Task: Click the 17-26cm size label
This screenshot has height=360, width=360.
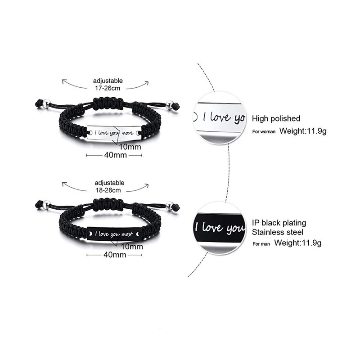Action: (108, 88)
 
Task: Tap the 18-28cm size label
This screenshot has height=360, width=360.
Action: (108, 190)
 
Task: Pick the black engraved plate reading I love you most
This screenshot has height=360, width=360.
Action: (114, 234)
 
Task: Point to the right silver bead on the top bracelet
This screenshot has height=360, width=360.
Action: (170, 104)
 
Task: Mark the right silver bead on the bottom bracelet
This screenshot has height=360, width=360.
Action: (170, 205)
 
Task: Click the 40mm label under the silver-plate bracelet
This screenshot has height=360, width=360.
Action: (115, 155)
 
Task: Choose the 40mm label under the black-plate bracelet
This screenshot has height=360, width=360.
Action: (115, 255)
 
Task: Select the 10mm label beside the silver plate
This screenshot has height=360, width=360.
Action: (130, 147)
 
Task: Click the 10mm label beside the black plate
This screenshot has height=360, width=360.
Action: (132, 247)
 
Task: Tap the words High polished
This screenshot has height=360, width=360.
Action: (276, 118)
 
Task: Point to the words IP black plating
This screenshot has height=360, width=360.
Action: (279, 223)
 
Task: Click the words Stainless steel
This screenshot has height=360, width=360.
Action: (277, 232)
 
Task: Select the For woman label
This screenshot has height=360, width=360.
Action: (264, 131)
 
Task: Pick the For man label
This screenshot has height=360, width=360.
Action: (261, 244)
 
